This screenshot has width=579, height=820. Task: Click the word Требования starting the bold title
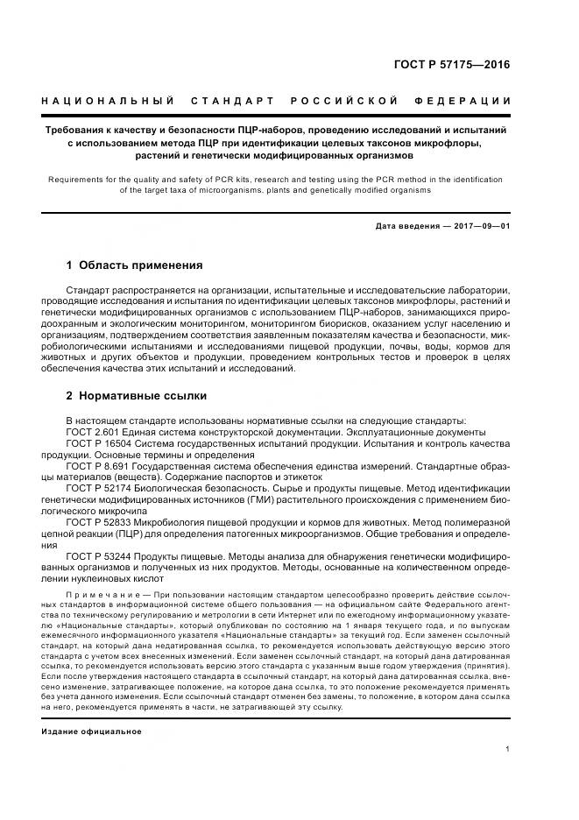pos(76,130)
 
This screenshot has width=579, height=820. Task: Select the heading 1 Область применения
pos(134,265)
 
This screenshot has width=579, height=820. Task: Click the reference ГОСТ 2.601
pos(93,433)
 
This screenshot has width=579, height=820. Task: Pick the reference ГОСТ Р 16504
pos(100,444)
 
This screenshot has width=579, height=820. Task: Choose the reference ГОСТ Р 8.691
pos(97,466)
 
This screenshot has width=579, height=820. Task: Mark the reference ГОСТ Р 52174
pos(100,488)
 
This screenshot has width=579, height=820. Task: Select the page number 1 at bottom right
pos(508,748)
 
